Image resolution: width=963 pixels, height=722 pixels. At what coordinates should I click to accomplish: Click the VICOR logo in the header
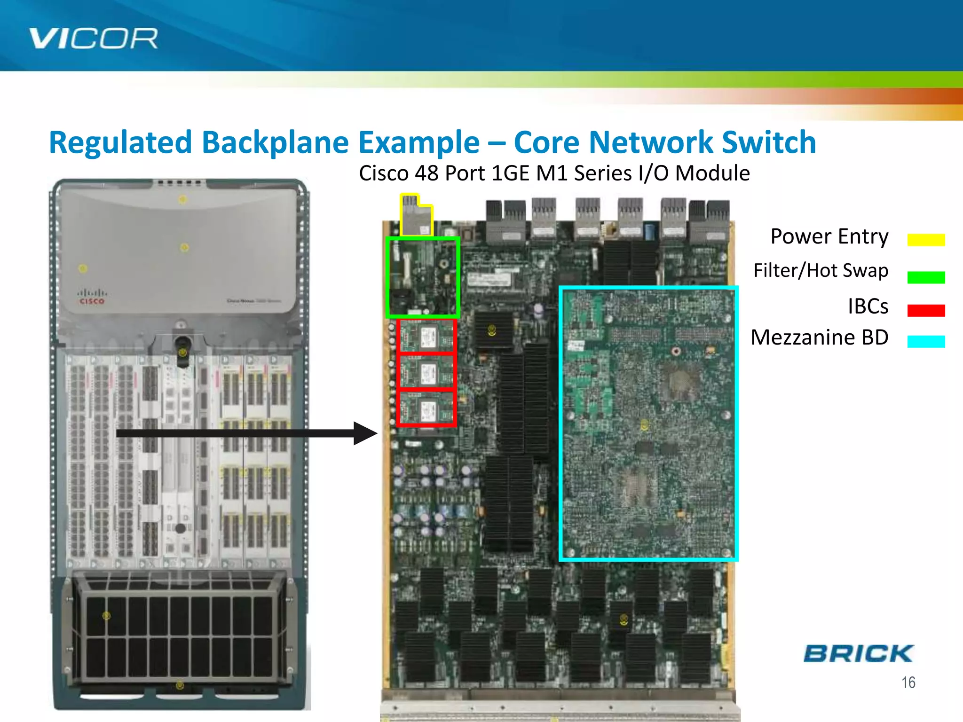93,39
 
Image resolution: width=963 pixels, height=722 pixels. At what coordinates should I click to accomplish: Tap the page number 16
908,683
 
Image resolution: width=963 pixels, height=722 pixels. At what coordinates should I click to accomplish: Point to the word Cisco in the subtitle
384,173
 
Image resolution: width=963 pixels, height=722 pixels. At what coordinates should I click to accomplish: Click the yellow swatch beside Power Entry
926,240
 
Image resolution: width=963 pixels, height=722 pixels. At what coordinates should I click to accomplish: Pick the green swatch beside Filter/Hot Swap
926,277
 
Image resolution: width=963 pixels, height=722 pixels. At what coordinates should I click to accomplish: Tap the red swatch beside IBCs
926,310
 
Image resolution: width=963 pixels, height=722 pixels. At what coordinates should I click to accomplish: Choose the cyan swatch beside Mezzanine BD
926,341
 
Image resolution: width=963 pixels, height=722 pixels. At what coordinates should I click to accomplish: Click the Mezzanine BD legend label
819,337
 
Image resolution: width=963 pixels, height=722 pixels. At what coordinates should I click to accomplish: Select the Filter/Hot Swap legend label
821,271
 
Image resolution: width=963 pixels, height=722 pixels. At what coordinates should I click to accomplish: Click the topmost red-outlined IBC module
426,336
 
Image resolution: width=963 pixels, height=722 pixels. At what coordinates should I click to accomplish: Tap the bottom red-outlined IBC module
426,409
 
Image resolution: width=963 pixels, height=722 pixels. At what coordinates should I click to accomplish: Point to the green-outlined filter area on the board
422,277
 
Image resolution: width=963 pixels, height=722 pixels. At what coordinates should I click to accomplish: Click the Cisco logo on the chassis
92,297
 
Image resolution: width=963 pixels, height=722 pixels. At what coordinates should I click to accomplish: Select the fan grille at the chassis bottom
179,630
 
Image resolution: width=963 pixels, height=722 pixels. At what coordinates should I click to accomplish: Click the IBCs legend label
868,306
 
